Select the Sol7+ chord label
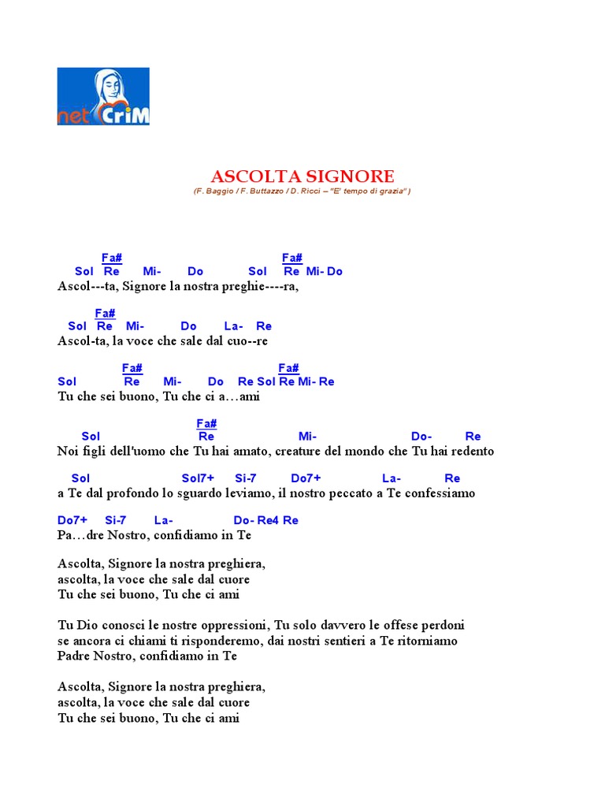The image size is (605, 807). [x=198, y=478]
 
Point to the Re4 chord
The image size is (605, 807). [x=268, y=520]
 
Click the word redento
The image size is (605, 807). [x=470, y=452]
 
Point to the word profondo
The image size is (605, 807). [x=134, y=493]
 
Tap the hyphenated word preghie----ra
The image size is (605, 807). [x=261, y=287]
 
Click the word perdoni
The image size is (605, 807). [x=443, y=625]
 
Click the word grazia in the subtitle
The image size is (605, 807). [x=392, y=192]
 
